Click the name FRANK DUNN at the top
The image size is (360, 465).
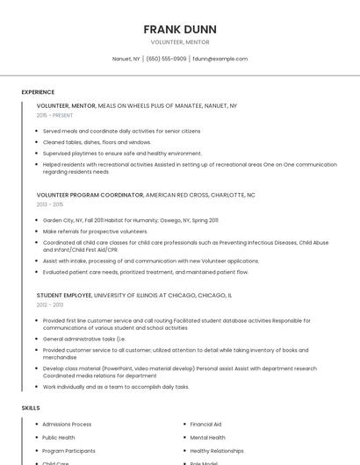(180, 30)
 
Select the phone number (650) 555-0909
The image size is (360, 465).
(166, 59)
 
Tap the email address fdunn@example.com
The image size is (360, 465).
(220, 59)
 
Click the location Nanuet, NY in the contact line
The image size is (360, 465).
(126, 59)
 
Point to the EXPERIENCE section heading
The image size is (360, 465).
(38, 92)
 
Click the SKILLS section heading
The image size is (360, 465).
(31, 408)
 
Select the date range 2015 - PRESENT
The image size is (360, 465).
(54, 115)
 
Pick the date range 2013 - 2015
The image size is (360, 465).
(50, 204)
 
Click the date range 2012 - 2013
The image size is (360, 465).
(50, 304)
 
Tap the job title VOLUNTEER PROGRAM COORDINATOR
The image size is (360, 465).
(90, 195)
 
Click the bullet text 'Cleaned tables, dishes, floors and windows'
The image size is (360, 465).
(97, 142)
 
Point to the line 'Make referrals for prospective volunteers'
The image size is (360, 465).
(95, 232)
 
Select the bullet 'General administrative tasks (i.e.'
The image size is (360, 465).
(84, 339)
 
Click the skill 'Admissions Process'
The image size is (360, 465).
(67, 425)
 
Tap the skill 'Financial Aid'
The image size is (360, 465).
(205, 425)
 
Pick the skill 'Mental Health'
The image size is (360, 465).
(207, 438)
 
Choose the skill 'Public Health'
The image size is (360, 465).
(59, 438)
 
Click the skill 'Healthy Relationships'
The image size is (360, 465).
(217, 451)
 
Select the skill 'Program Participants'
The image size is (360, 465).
(68, 451)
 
